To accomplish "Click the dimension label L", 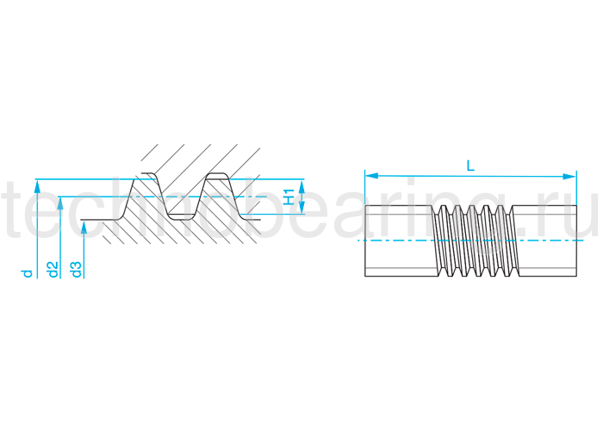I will (469, 165).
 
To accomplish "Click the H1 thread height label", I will (290, 197).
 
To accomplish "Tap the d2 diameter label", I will (53, 270).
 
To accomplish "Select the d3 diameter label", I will (77, 270).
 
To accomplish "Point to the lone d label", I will (28, 272).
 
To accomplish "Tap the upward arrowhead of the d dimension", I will (36, 184).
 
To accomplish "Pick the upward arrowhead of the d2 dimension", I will (59, 202).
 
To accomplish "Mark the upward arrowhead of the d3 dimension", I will (84, 226).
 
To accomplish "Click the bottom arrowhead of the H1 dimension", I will (302, 209).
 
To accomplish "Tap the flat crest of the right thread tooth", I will (217, 177).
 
